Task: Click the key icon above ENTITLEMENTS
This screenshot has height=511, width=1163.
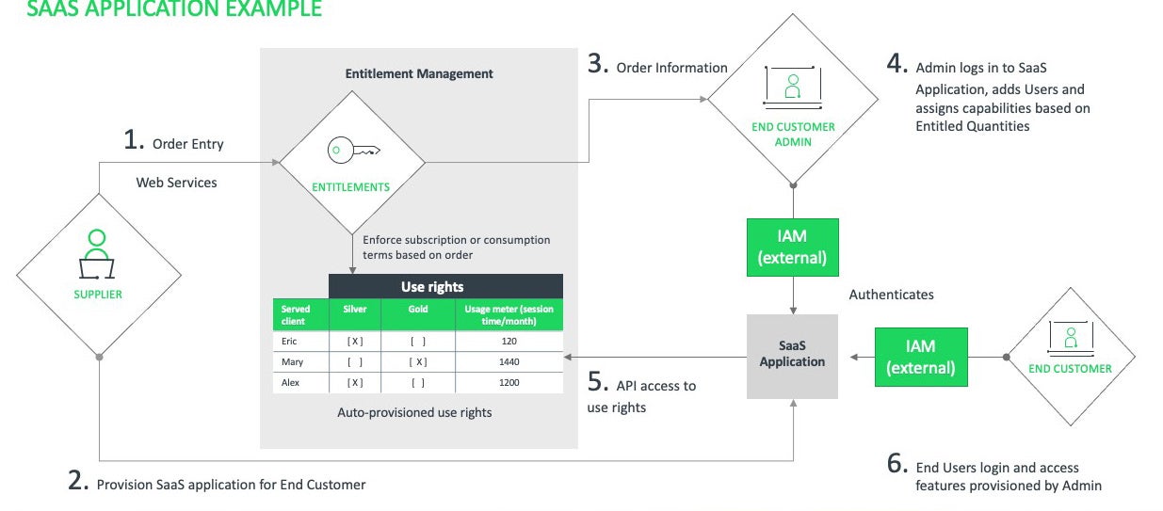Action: [x=351, y=150]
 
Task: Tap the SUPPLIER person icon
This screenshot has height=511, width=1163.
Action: [x=97, y=254]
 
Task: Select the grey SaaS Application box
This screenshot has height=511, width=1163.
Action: [x=792, y=355]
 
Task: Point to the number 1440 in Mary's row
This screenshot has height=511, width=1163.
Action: [x=509, y=361]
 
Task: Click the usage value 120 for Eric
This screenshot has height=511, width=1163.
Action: [x=509, y=342]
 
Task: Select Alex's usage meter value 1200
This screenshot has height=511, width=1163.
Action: [x=509, y=383]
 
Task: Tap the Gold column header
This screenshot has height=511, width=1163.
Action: [x=418, y=309]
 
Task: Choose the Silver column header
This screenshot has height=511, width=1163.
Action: [x=355, y=309]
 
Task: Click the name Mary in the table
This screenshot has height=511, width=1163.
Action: [x=292, y=361]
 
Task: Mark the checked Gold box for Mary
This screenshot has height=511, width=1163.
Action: [x=418, y=361]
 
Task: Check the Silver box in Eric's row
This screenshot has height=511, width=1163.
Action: [x=355, y=342]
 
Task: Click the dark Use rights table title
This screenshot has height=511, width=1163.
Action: [x=445, y=286]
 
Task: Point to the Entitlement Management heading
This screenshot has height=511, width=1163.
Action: [x=419, y=73]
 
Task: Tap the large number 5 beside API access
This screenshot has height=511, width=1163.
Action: [x=594, y=384]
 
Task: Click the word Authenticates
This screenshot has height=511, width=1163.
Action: [x=891, y=295]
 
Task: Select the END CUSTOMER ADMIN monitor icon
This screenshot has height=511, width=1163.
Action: [x=792, y=88]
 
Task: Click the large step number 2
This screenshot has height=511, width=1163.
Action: [x=78, y=481]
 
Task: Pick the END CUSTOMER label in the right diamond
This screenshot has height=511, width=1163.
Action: [x=1070, y=369]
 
